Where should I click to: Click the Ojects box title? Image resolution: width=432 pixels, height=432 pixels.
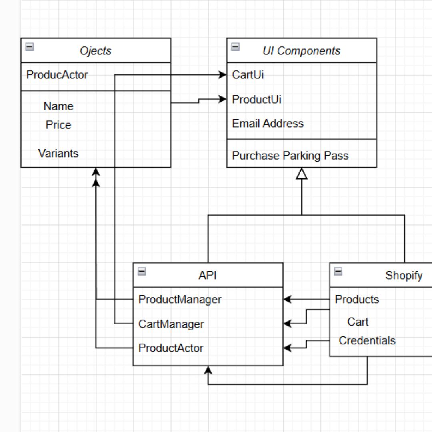click(x=96, y=51)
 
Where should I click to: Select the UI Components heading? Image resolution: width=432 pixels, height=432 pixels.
click(x=301, y=51)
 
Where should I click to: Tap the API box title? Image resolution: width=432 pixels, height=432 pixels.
click(x=208, y=275)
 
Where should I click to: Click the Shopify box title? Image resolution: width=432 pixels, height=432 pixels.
click(x=404, y=275)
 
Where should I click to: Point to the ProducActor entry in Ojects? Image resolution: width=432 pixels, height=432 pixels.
click(x=57, y=75)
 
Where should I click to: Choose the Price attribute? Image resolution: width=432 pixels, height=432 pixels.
click(x=58, y=125)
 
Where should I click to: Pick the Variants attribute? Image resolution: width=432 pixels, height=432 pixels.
click(x=58, y=153)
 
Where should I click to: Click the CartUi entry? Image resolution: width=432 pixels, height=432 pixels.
click(x=248, y=75)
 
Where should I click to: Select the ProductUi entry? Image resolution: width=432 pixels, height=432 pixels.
click(x=256, y=99)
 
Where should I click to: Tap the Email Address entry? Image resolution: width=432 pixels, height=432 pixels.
click(x=268, y=123)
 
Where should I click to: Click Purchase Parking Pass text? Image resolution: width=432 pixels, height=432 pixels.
click(x=290, y=156)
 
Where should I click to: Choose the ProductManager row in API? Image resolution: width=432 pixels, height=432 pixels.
click(x=180, y=299)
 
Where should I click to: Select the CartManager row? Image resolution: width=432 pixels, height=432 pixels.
click(x=171, y=324)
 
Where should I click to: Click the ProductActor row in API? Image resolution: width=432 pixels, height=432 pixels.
click(x=171, y=348)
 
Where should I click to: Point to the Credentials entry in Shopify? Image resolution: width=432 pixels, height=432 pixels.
click(x=367, y=340)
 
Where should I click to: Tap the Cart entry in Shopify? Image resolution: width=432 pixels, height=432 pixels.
click(x=358, y=322)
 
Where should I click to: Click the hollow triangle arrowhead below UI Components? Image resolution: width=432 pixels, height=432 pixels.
click(x=302, y=174)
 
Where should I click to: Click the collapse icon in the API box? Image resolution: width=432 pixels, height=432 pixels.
click(x=142, y=272)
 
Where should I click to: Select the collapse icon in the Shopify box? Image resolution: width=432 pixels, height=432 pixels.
click(x=338, y=272)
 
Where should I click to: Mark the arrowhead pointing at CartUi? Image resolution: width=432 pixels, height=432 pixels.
click(x=223, y=75)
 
